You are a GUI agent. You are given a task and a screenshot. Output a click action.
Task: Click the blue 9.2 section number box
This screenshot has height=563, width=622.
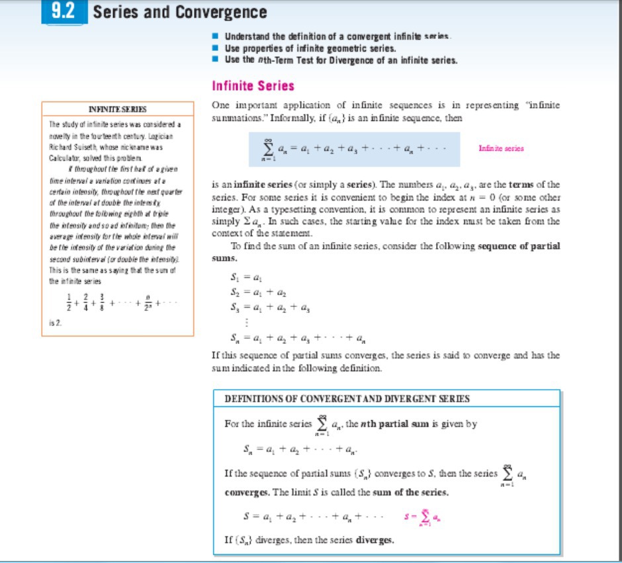click(x=64, y=11)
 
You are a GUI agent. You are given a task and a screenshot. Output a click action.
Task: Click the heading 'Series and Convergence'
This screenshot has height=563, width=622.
click(x=180, y=12)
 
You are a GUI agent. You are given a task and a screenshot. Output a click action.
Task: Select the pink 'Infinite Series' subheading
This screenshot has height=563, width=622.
click(x=253, y=85)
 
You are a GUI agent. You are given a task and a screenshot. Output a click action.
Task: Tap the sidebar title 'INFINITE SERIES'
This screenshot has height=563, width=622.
click(x=118, y=109)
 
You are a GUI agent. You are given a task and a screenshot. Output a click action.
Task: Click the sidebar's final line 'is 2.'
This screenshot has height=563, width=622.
click(x=55, y=323)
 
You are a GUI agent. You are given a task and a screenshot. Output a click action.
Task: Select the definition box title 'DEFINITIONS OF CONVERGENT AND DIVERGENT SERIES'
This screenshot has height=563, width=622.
click(x=347, y=399)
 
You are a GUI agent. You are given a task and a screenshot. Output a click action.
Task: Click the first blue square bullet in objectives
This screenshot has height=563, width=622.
click(x=216, y=37)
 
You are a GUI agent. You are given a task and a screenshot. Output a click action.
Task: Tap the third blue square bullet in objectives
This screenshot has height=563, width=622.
click(x=216, y=60)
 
